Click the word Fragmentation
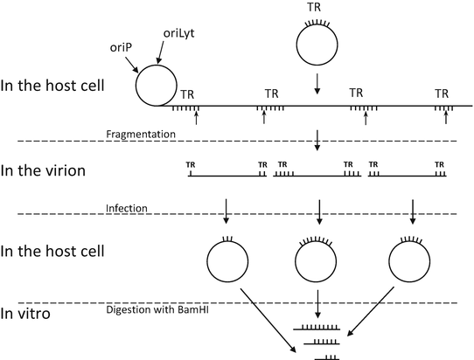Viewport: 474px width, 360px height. click(x=142, y=134)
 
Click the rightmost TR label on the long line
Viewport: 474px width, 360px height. click(x=443, y=93)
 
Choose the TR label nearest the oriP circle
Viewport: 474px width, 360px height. click(x=186, y=93)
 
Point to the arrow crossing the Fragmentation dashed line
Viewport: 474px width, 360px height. click(x=317, y=137)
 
